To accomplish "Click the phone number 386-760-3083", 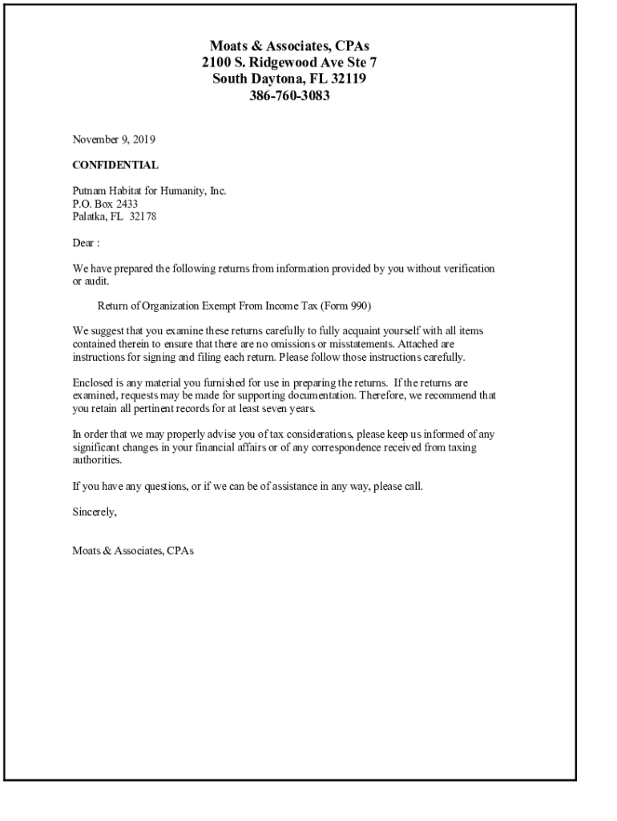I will click(x=289, y=96).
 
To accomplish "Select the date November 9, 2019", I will click(x=114, y=140).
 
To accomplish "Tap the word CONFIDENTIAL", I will click(x=115, y=165).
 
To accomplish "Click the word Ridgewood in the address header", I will click(x=283, y=62).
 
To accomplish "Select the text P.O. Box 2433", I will click(x=99, y=204).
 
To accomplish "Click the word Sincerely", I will click(x=95, y=512).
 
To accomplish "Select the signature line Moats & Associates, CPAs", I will click(x=133, y=551).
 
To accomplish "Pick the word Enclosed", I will click(x=94, y=382).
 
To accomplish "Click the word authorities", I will click(x=97, y=460).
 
